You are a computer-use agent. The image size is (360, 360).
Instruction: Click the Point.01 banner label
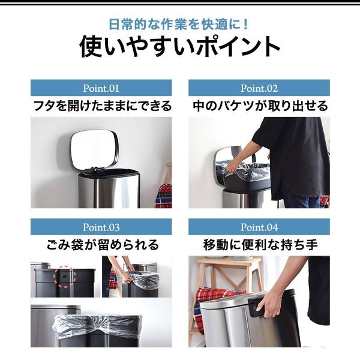pos(101,88)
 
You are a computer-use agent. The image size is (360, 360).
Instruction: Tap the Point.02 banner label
pos(259,88)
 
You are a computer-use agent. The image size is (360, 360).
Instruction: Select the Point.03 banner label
pos(101,227)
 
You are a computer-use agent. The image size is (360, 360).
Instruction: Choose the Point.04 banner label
pos(259,227)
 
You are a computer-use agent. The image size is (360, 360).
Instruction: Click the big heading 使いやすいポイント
pos(180,47)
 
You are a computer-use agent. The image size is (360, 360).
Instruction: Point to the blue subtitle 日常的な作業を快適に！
pos(179,25)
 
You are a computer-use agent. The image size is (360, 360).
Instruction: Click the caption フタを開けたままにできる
pos(103,106)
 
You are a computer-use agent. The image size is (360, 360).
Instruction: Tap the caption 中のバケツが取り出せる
pos(260,106)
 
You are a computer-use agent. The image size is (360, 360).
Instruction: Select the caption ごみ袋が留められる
pos(103,245)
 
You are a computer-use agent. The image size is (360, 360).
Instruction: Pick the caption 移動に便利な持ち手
pos(260,245)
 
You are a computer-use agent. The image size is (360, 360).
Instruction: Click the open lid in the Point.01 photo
pos(94,149)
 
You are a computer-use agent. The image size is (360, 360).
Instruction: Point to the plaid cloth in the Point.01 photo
pos(164,196)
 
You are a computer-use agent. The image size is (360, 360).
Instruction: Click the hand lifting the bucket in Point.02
pos(232,167)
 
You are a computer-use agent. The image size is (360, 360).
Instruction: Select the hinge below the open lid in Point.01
pos(95,169)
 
